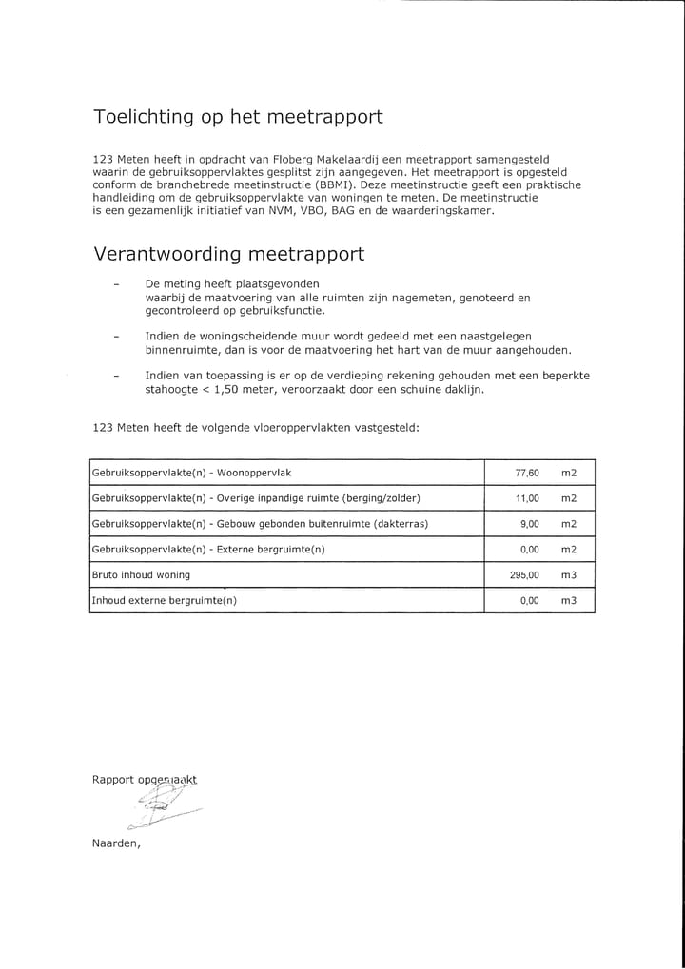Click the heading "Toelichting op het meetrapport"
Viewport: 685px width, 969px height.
pyautogui.click(x=238, y=118)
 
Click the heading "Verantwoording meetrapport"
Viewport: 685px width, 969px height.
pyautogui.click(x=228, y=255)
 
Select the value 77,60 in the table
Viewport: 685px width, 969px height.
pyautogui.click(x=527, y=473)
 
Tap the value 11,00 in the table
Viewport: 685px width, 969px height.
pyautogui.click(x=527, y=498)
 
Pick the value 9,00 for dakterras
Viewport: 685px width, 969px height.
pyautogui.click(x=530, y=524)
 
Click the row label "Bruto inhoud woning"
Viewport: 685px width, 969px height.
pyautogui.click(x=141, y=575)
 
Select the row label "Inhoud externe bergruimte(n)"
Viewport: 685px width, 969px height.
pyautogui.click(x=164, y=601)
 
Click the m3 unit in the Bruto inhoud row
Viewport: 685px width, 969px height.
pyautogui.click(x=569, y=575)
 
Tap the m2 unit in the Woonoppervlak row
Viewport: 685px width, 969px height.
pyautogui.click(x=569, y=473)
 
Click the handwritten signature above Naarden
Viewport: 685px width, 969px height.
pyautogui.click(x=162, y=808)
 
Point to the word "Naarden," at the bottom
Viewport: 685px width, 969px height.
pyautogui.click(x=116, y=843)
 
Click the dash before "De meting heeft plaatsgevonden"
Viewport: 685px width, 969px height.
pyautogui.click(x=116, y=284)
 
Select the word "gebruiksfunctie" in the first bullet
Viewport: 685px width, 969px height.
pyautogui.click(x=281, y=311)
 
